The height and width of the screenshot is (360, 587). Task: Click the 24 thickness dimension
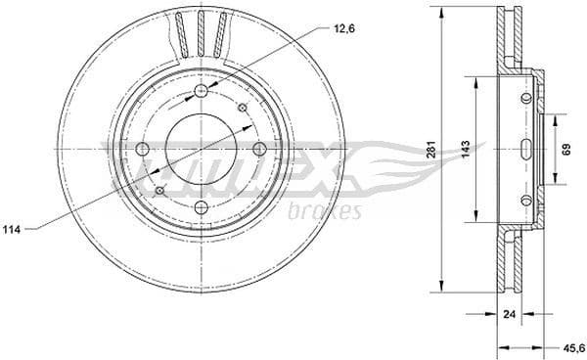point(508,316)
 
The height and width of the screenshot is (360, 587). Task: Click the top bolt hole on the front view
point(202,91)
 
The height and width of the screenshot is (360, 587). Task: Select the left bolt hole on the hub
point(142,149)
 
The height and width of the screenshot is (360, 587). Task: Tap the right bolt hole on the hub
point(260,149)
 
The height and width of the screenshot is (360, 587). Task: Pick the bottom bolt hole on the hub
point(202,207)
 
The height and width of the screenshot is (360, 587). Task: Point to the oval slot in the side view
point(526,149)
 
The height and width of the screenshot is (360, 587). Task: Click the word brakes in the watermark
point(329,211)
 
